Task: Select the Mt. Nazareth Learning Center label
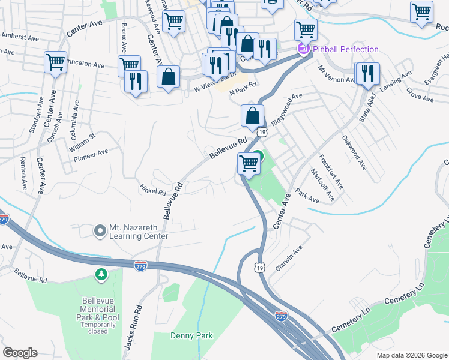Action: click(x=138, y=232)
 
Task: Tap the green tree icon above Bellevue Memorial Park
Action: click(x=101, y=274)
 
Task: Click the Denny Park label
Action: click(x=191, y=336)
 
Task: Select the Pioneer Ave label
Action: click(x=91, y=155)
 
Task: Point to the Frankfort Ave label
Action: click(x=331, y=172)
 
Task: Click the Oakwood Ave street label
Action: click(x=354, y=152)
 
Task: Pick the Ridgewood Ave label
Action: click(x=287, y=109)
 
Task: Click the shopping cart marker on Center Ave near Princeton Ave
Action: click(x=55, y=62)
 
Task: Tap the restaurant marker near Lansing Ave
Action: click(x=367, y=73)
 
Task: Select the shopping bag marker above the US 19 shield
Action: click(x=253, y=116)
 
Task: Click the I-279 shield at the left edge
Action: click(x=3, y=220)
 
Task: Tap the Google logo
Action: click(x=20, y=353)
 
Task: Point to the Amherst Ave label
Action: click(x=20, y=37)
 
